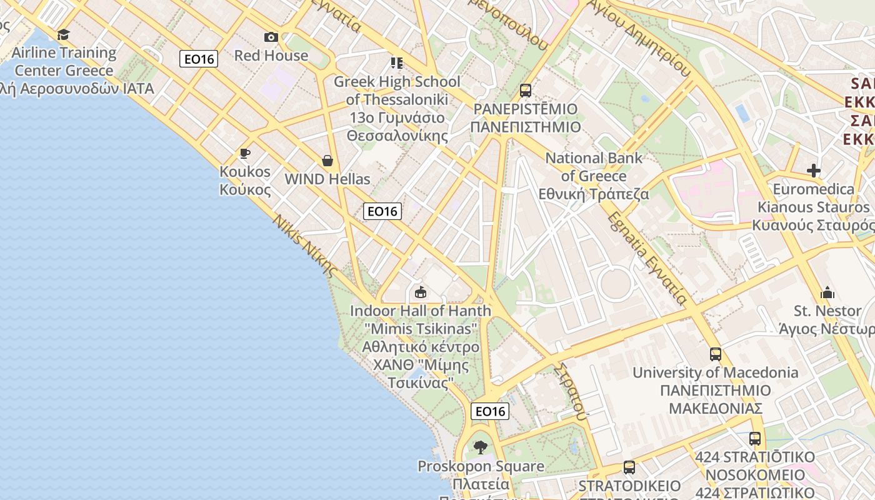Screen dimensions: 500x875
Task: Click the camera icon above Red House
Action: pyautogui.click(x=271, y=37)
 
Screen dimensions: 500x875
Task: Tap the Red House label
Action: pyautogui.click(x=271, y=56)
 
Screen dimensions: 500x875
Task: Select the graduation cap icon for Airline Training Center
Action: pyautogui.click(x=63, y=34)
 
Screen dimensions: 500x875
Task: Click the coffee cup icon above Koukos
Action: pyautogui.click(x=245, y=153)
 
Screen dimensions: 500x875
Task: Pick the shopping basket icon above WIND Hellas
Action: pyautogui.click(x=327, y=161)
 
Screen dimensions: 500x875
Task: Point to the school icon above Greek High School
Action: pyautogui.click(x=396, y=62)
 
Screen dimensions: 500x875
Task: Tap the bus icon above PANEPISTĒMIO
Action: pyautogui.click(x=525, y=91)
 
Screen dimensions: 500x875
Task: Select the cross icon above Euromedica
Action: pyautogui.click(x=813, y=170)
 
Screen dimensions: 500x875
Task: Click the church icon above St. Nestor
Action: pyautogui.click(x=827, y=292)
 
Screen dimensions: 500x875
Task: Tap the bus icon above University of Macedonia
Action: pyautogui.click(x=715, y=354)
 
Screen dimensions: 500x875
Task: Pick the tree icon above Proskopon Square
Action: pyautogui.click(x=480, y=447)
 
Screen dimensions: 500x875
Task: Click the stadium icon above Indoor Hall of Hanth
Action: pyautogui.click(x=421, y=292)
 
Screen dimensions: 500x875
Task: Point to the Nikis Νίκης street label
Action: pyautogui.click(x=305, y=246)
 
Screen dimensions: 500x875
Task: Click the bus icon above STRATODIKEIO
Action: pyautogui.click(x=629, y=467)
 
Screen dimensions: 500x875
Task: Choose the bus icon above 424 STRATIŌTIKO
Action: pyautogui.click(x=754, y=438)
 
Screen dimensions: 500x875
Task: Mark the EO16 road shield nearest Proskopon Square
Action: pyautogui.click(x=490, y=411)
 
